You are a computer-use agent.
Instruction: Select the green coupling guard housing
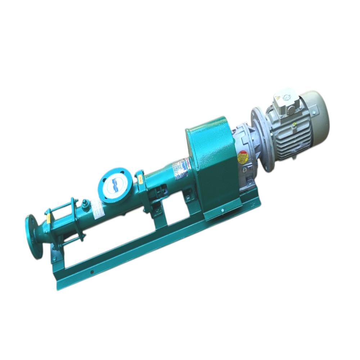coord(209,166)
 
